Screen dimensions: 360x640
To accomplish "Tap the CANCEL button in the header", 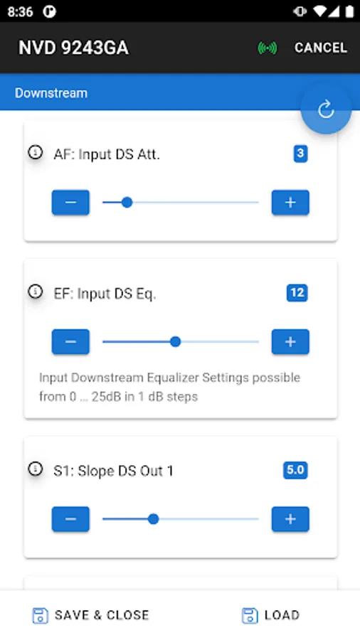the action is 321,48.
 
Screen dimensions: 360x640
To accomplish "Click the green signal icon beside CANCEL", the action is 268,48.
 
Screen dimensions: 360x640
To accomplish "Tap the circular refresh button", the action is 326,110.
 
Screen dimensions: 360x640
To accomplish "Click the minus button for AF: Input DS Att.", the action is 70,203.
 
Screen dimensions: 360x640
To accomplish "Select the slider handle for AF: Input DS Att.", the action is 127,203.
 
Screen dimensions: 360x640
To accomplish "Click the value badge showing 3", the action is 300,154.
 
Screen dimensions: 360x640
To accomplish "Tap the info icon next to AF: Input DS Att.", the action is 36,152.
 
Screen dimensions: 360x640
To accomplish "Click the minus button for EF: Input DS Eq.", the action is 70,341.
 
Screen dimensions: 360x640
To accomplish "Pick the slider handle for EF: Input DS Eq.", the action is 176,341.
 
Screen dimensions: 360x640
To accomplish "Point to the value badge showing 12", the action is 297,293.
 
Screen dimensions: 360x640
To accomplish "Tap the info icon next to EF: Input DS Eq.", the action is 36,292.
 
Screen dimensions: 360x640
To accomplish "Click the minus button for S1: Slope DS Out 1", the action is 70,519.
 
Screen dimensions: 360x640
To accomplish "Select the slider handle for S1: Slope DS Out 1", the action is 154,519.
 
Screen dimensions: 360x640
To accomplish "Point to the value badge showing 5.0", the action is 295,470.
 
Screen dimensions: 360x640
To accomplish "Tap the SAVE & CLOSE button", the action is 90,615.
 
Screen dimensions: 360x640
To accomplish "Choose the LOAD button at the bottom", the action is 271,615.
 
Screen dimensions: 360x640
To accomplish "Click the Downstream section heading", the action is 51,93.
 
